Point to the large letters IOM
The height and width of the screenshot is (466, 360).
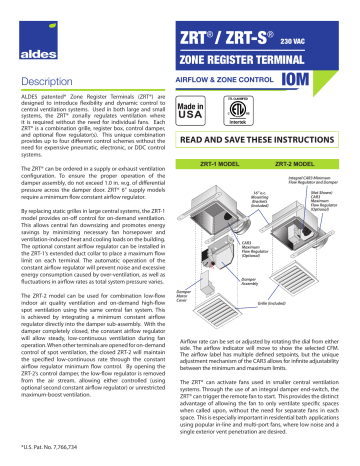322,79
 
